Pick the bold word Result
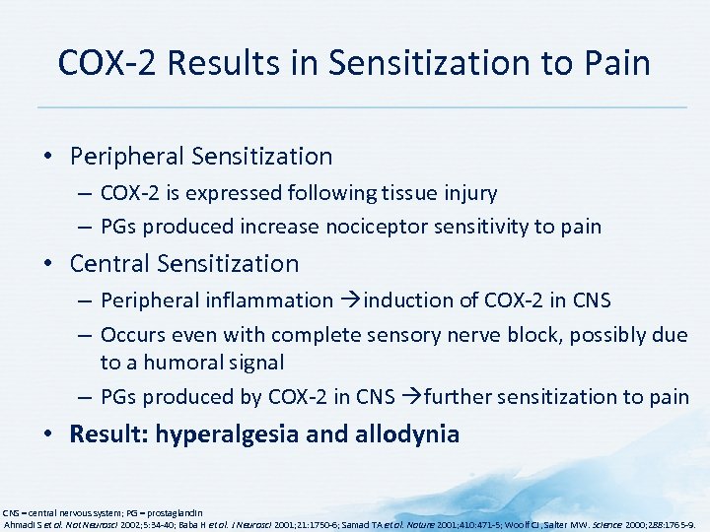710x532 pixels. point(105,434)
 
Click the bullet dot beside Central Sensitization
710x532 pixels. point(56,265)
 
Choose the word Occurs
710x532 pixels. point(134,335)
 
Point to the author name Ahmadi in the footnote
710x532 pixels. point(21,525)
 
